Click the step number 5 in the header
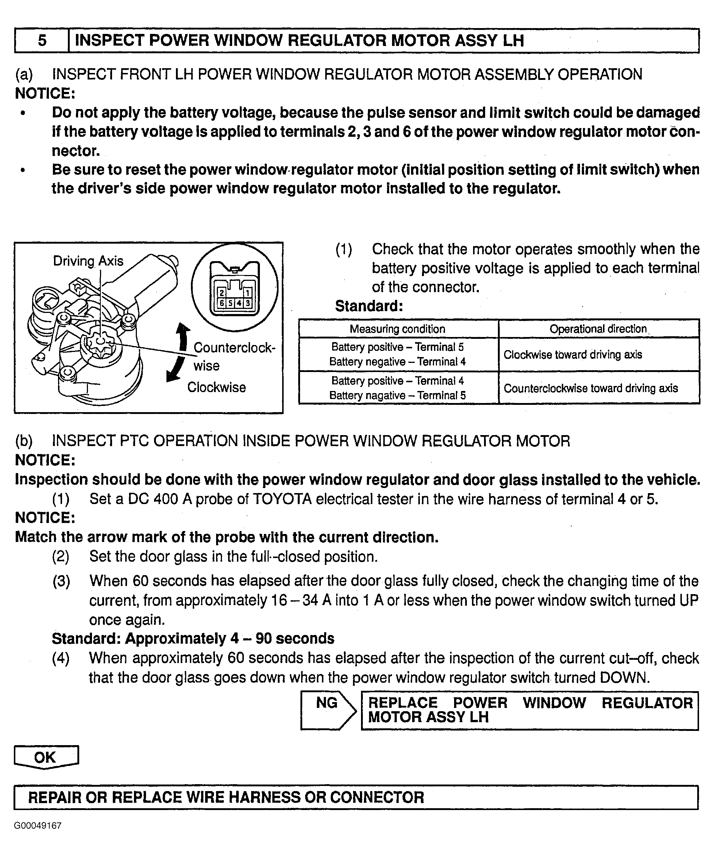42,40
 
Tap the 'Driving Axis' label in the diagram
88,261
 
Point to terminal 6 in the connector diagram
222,303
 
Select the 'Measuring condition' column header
398,329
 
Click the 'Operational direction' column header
598,329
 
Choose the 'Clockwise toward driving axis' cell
572,355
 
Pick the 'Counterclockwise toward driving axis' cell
590,388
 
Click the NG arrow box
328,710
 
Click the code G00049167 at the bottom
38,826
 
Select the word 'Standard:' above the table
369,306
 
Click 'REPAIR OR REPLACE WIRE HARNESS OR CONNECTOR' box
356,797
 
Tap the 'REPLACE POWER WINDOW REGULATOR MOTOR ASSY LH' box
530,710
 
